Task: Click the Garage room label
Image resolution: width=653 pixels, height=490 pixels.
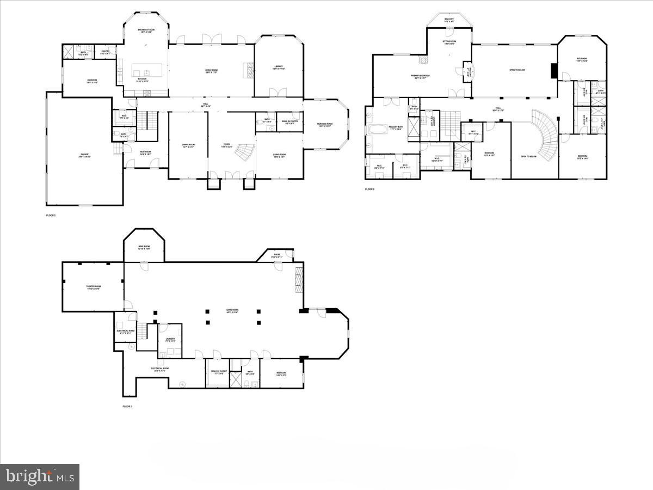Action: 84,155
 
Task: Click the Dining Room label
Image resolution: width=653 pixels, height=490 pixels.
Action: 188,145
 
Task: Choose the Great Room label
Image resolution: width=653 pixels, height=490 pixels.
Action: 211,71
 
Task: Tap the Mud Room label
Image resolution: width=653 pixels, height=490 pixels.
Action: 145,153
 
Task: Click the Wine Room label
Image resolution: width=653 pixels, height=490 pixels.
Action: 143,247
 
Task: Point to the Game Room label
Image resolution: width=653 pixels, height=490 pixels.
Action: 232,311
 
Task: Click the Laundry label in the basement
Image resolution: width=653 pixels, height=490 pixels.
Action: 170,340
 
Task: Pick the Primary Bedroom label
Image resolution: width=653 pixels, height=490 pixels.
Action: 420,76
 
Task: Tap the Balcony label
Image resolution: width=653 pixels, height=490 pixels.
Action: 449,20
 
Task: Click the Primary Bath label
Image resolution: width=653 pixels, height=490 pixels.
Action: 396,127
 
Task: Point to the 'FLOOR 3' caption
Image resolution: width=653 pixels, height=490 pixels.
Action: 369,189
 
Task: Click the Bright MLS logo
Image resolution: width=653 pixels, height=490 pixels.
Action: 39,476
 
